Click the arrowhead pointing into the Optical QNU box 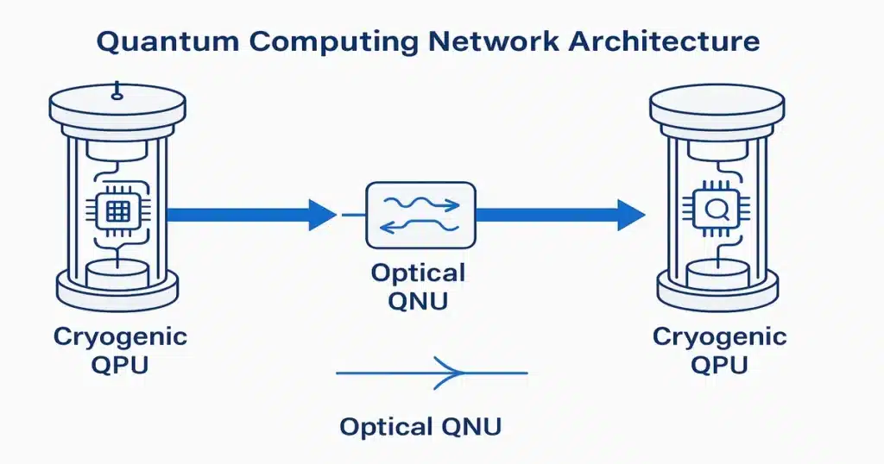tap(322, 214)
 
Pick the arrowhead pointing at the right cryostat tap(630, 214)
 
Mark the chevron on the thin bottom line tap(451, 373)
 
